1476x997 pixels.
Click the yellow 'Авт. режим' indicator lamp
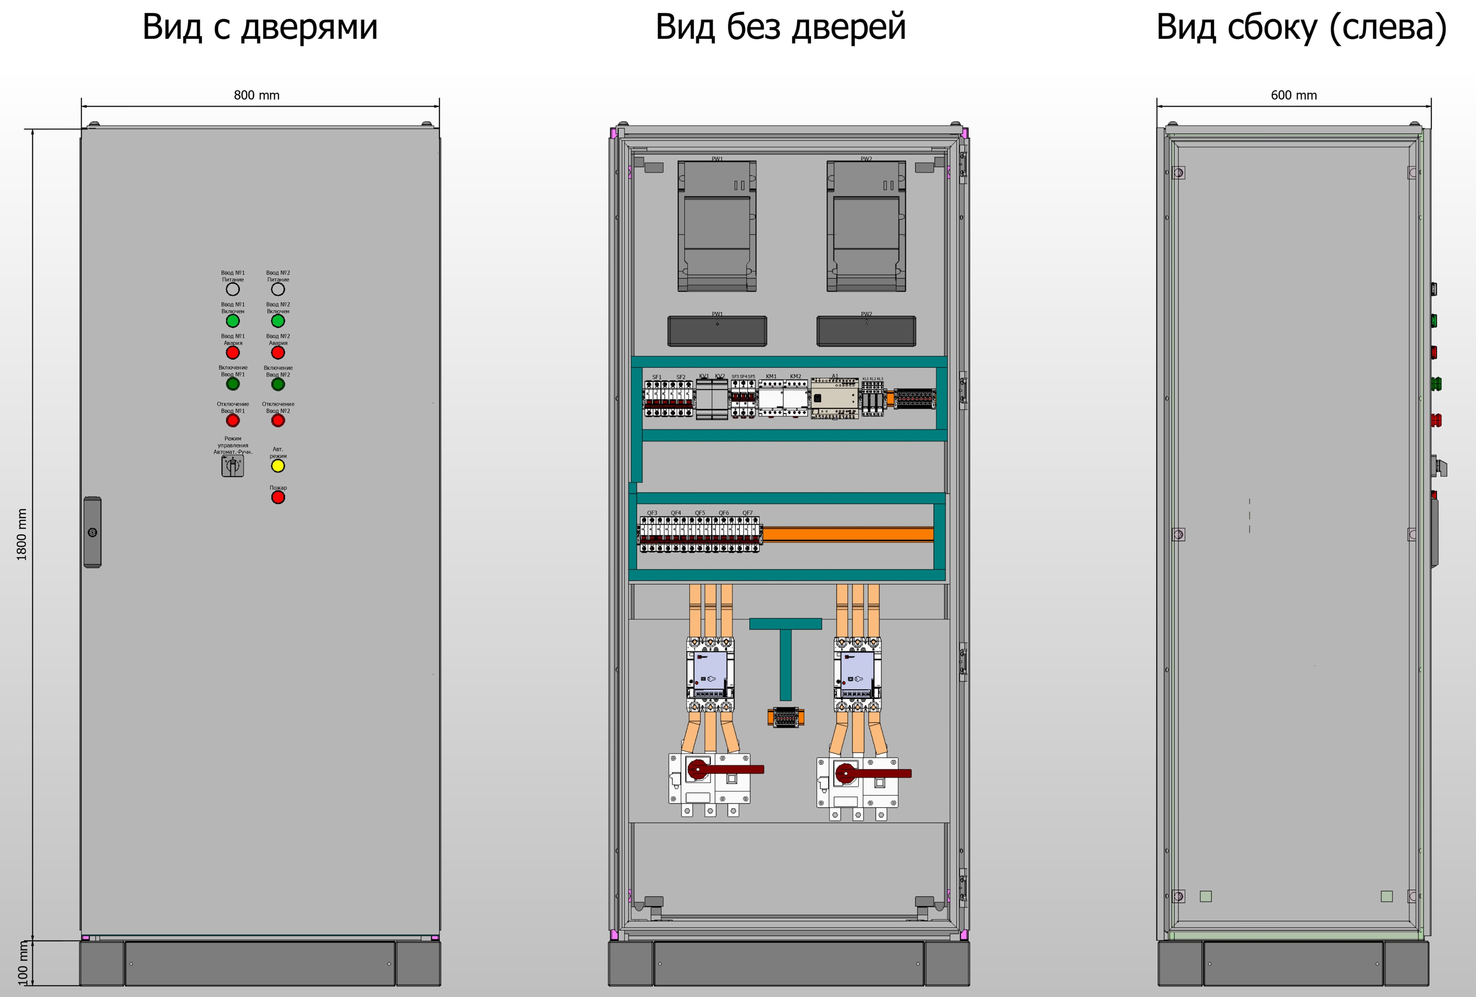(278, 466)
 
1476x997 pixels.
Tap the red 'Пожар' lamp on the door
(278, 497)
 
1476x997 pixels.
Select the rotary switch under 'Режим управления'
(232, 466)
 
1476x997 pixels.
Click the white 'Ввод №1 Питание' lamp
(232, 289)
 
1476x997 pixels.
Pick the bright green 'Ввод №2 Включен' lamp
(278, 321)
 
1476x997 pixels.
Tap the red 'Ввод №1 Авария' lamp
(232, 353)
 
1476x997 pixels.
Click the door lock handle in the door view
(92, 532)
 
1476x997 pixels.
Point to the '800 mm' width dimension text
(257, 95)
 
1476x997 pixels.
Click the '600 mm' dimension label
(1294, 95)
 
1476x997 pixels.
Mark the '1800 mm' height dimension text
(21, 534)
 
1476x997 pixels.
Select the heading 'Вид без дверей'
(781, 27)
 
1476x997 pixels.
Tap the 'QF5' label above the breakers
(699, 513)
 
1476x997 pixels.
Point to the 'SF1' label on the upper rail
(657, 377)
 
